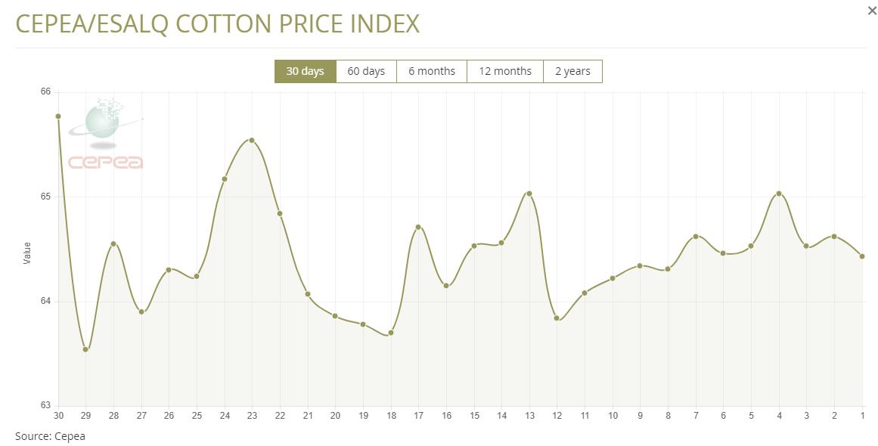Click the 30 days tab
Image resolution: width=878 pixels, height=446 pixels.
tap(305, 71)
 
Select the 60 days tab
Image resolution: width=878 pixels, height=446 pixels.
tap(366, 71)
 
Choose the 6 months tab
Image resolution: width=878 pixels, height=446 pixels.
tap(432, 71)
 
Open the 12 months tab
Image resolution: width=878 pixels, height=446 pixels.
tap(505, 71)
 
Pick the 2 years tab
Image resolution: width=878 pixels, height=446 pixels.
tap(572, 71)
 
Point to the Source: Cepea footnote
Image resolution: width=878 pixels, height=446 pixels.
tap(50, 436)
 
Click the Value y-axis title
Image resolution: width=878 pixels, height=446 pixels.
tap(27, 252)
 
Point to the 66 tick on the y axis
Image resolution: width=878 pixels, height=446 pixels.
tap(45, 92)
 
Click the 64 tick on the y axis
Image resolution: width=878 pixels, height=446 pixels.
tap(45, 302)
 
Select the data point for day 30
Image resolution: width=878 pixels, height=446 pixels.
tap(58, 116)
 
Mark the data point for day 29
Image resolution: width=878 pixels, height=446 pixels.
tap(85, 349)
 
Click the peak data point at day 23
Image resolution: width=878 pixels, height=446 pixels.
tap(252, 140)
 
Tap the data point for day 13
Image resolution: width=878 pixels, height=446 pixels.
tap(529, 194)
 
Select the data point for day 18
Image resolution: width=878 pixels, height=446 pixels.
tap(391, 333)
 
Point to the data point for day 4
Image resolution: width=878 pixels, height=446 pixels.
tap(779, 194)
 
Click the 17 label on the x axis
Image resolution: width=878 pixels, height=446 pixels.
tap(418, 416)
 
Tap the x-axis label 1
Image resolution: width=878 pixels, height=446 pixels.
tap(862, 416)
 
